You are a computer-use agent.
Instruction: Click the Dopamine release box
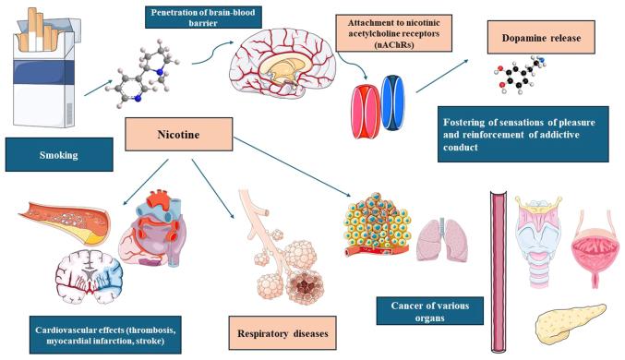[x=540, y=39]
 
